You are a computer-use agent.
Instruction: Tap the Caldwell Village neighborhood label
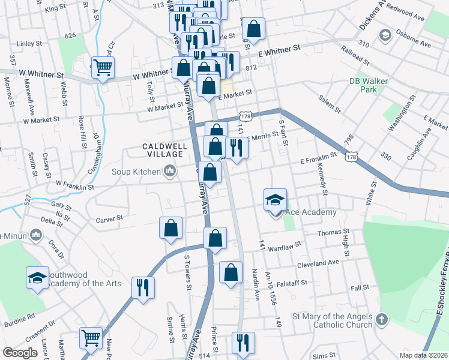click(164, 151)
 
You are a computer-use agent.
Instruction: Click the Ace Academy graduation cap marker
click(276, 200)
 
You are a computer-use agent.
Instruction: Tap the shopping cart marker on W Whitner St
click(103, 68)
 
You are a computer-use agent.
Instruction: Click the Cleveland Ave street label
click(318, 262)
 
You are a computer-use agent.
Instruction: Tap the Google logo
click(20, 353)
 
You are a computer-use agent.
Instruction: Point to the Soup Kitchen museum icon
click(170, 172)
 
